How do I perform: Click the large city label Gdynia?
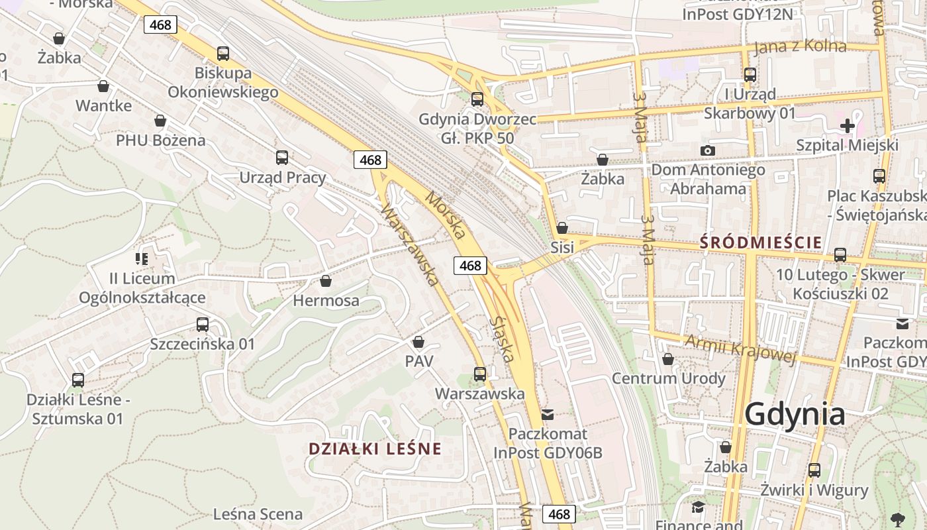click(795, 415)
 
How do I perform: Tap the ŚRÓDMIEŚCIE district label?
click(761, 242)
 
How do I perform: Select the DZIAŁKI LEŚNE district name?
click(375, 449)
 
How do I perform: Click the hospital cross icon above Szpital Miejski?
click(847, 125)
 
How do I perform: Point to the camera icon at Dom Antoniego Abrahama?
click(707, 150)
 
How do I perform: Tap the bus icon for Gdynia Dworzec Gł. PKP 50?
click(477, 99)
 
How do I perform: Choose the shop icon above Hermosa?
click(326, 281)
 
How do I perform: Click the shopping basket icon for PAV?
click(418, 342)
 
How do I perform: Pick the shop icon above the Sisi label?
click(562, 228)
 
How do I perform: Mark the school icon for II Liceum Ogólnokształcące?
click(142, 258)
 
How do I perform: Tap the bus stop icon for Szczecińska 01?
click(203, 325)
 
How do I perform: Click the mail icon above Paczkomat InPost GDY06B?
click(548, 415)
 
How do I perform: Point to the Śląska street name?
click(503, 339)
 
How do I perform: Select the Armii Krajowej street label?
click(740, 349)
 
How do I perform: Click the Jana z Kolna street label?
click(800, 46)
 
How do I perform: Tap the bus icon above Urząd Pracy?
click(282, 158)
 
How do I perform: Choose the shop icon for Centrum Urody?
click(668, 359)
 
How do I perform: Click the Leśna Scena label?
click(258, 514)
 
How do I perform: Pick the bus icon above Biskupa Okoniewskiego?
click(223, 53)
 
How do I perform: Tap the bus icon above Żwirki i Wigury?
click(814, 470)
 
